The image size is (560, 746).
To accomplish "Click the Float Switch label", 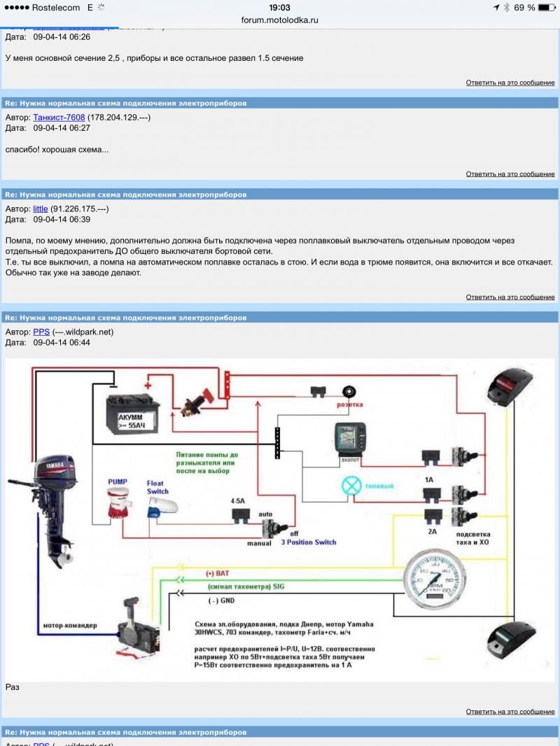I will tap(157, 486).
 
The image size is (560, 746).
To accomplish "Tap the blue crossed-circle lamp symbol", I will tap(351, 486).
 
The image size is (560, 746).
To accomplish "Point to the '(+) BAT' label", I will tap(218, 573).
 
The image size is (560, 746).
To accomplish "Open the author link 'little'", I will tap(41, 209).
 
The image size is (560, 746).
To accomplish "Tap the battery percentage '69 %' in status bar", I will tap(524, 8).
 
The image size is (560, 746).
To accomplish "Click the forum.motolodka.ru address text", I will tap(280, 20).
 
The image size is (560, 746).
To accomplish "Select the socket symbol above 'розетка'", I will tap(347, 393).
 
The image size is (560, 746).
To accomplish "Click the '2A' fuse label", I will tap(432, 532).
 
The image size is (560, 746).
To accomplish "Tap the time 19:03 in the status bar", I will tap(279, 8).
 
